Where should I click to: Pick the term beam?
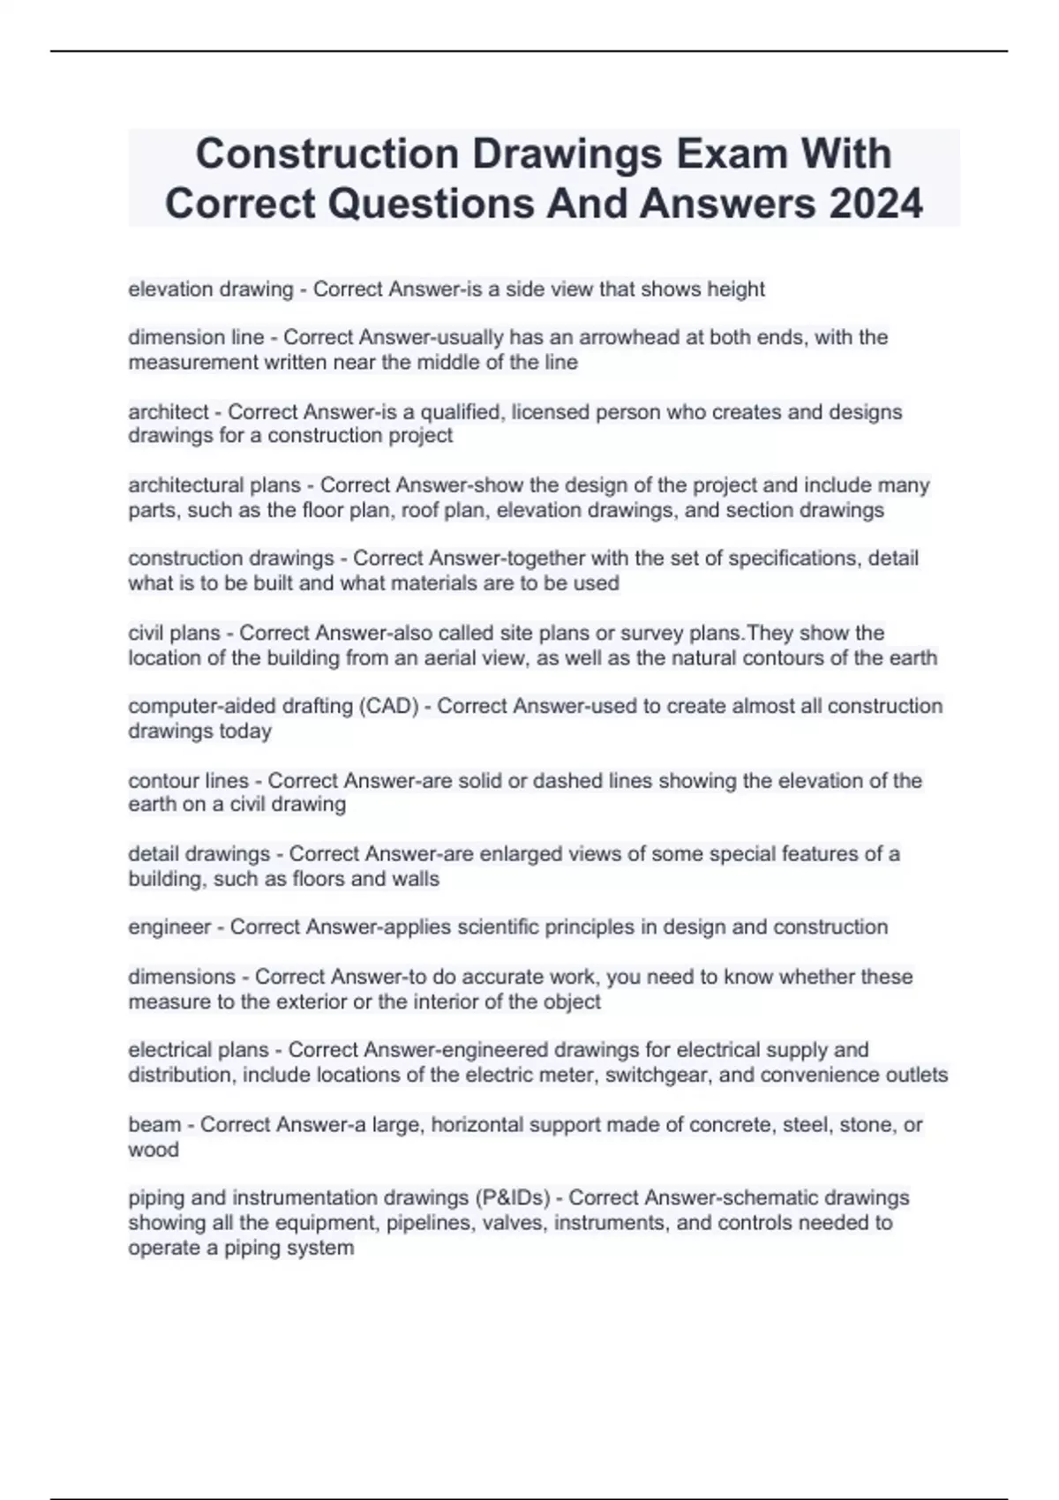coord(154,1125)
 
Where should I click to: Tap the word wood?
coord(154,1150)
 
